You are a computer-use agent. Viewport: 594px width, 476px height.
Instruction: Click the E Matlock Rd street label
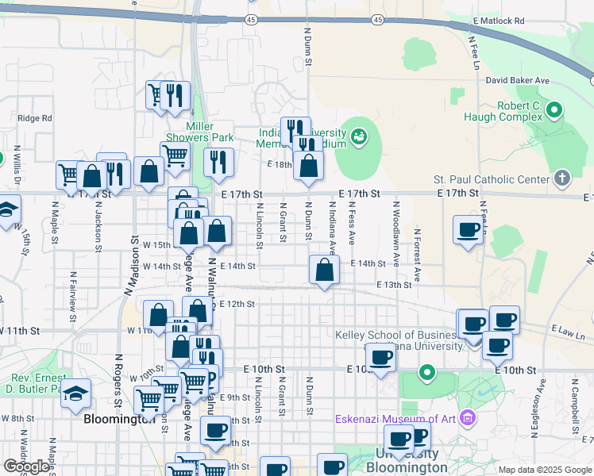tap(499, 21)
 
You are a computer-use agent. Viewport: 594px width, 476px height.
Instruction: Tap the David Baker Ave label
tap(518, 81)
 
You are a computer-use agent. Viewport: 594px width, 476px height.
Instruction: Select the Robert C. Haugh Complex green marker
tap(554, 110)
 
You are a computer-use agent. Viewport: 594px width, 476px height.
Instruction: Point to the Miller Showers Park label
tap(210, 132)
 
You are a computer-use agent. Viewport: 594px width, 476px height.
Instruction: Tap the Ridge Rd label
tap(34, 118)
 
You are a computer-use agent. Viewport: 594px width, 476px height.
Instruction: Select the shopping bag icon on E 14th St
tap(324, 271)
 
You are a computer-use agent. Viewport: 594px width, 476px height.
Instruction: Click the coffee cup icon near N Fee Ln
tap(468, 230)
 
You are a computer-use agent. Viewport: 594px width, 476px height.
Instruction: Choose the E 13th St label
tap(394, 284)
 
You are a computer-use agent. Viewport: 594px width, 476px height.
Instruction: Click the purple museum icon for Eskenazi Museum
tap(467, 417)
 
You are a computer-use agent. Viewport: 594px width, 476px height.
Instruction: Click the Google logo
tap(26, 466)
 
